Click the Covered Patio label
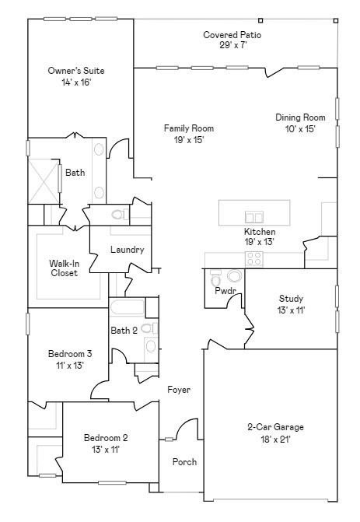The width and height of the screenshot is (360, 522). click(x=232, y=35)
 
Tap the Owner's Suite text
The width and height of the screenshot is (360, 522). click(x=76, y=71)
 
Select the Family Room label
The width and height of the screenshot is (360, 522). click(x=188, y=128)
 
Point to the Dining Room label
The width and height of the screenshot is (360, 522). click(x=300, y=118)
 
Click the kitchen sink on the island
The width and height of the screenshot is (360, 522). click(x=253, y=216)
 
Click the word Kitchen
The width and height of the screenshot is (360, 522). click(x=260, y=232)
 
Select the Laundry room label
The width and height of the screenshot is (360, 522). click(x=127, y=250)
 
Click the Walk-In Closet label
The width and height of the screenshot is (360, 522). click(x=64, y=268)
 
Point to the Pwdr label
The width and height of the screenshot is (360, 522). click(x=225, y=291)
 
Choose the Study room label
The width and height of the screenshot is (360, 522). click(x=291, y=299)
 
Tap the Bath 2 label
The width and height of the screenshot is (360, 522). click(x=124, y=331)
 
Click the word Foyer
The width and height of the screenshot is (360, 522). click(x=179, y=390)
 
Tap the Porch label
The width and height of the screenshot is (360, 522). click(x=184, y=462)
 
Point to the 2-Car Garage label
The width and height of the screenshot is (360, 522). click(x=275, y=427)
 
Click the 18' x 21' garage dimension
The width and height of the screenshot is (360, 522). click(x=275, y=439)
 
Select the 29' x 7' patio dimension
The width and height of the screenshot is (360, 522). click(x=232, y=45)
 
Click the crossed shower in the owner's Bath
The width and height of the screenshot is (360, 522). click(x=44, y=177)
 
